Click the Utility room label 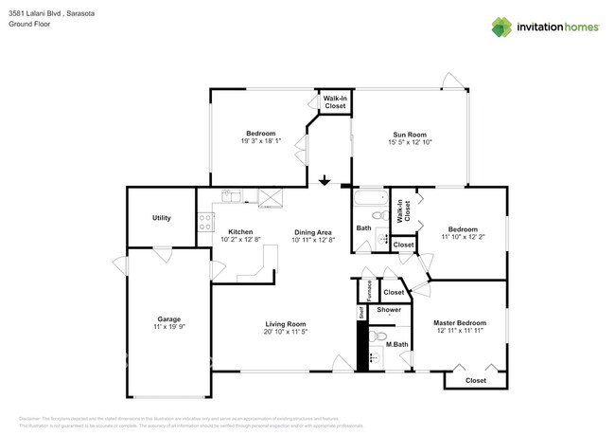point(162,218)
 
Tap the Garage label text point(169,319)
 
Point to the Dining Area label point(312,232)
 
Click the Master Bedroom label point(460,322)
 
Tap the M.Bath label point(395,357)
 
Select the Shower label point(389,310)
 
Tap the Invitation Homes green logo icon point(503,27)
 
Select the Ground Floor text point(29,25)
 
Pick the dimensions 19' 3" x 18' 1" point(260,142)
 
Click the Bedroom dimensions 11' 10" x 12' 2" point(463,237)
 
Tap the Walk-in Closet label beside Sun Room point(335,102)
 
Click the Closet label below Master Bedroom point(476,380)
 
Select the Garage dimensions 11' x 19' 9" point(169,328)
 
